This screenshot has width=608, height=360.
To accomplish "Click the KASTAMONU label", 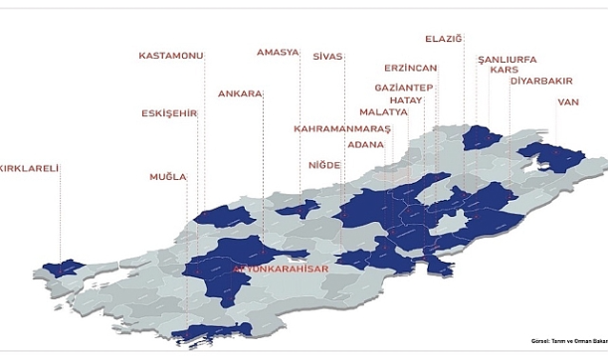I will [x=171, y=56].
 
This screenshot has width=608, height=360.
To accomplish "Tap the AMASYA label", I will [x=278, y=52].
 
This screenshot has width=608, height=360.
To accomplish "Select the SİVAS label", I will [x=327, y=57].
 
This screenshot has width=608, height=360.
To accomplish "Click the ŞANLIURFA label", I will [x=507, y=60].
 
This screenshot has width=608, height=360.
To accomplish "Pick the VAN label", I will [x=568, y=101].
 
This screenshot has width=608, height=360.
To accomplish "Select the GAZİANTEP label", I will [x=403, y=88].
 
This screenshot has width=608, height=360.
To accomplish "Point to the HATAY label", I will [x=406, y=99].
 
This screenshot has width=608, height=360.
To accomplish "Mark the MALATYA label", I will [x=383, y=112].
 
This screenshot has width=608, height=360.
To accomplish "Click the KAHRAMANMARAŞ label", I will [x=342, y=129].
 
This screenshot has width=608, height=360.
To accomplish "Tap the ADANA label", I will [x=366, y=144].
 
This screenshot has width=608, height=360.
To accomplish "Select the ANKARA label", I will [x=240, y=94].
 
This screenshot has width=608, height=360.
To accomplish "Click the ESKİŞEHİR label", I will [x=169, y=113].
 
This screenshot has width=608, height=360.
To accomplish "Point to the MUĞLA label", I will [x=168, y=177].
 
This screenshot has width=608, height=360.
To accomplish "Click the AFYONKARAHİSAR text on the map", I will [x=281, y=270].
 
